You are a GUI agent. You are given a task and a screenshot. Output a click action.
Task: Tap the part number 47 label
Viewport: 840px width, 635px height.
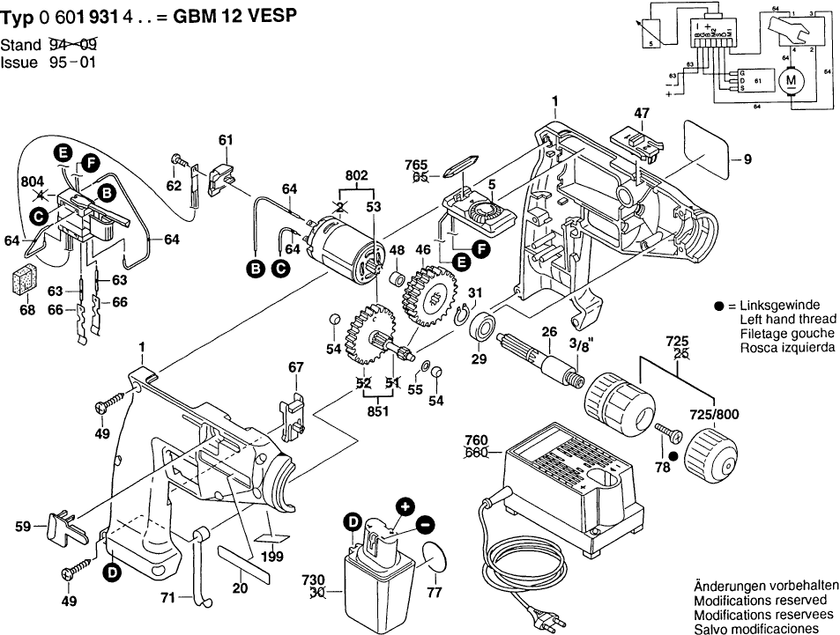(x=642, y=113)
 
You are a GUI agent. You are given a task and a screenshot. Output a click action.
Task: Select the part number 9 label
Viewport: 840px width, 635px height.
(x=747, y=159)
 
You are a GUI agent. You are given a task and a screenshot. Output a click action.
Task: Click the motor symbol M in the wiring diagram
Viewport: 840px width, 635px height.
(x=790, y=81)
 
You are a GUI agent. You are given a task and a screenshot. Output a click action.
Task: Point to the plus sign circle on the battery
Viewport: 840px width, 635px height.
(x=405, y=506)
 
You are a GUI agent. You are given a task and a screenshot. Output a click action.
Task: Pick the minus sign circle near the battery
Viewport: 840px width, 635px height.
(x=425, y=524)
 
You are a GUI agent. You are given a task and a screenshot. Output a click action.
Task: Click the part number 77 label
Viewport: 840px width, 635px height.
(x=434, y=592)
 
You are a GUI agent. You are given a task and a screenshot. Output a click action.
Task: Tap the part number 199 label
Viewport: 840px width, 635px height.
(x=272, y=556)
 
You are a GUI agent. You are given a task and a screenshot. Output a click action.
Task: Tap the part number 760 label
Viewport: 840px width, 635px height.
(x=477, y=440)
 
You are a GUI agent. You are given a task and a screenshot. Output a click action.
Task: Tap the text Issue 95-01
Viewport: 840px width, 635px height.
(x=48, y=63)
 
